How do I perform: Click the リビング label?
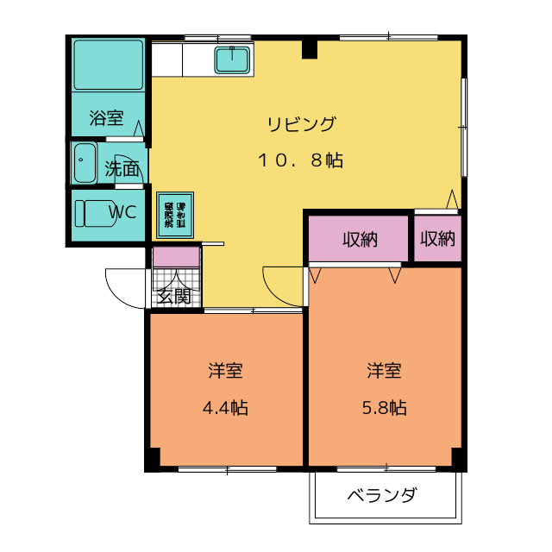click(x=300, y=123)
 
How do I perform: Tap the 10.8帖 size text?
click(x=299, y=160)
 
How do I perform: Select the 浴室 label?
click(x=107, y=118)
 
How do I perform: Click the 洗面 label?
click(x=122, y=169)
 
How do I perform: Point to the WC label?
click(x=122, y=212)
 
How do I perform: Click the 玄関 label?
click(x=174, y=297)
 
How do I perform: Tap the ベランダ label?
click(x=382, y=496)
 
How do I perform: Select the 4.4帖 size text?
click(x=225, y=408)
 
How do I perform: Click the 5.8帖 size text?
click(x=384, y=408)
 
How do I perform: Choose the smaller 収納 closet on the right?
click(x=437, y=239)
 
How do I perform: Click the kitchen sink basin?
click(x=232, y=60)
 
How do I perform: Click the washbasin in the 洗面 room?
click(x=85, y=164)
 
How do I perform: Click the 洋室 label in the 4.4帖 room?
click(x=225, y=371)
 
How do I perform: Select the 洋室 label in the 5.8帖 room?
click(x=384, y=371)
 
